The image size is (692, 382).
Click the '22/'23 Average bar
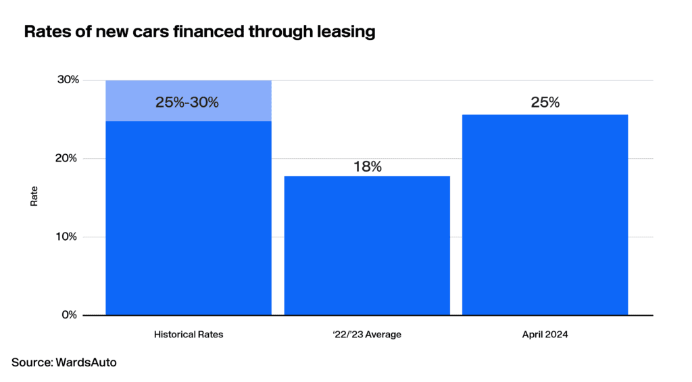coord(367,245)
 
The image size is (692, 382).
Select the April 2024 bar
coord(545,214)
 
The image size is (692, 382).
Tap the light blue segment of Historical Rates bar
coord(189,101)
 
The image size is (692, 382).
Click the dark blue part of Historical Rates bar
coord(189,218)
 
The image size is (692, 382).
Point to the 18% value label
coord(367,166)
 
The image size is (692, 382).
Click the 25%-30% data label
coord(187,103)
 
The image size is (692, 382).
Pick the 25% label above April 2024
coord(545,103)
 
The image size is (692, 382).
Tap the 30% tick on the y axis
coord(68,80)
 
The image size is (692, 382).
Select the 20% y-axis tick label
coord(66,158)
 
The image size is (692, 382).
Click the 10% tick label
coord(66,237)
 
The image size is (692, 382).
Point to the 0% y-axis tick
coord(70,315)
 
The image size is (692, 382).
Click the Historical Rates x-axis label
coord(189,334)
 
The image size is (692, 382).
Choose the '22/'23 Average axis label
coord(367,334)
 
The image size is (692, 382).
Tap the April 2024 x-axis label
coord(545,334)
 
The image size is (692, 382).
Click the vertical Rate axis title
coord(34,196)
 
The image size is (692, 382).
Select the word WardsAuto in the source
coord(86,362)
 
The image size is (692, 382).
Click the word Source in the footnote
coord(31,362)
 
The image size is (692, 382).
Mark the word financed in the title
coord(207,32)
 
